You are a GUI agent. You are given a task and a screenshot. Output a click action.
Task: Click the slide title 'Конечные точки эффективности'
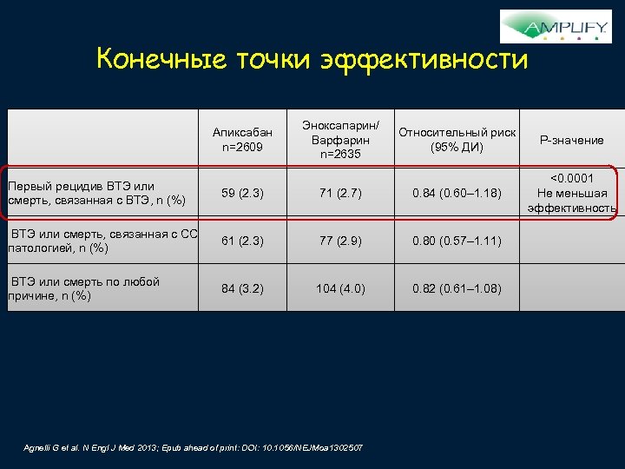312,60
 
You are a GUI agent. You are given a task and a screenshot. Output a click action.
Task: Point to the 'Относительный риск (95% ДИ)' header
457,139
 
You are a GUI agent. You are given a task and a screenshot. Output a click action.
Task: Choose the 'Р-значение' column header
571,140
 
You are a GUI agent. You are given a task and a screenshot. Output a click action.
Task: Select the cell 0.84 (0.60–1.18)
457,192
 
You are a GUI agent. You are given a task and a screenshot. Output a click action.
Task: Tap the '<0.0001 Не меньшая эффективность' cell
571,192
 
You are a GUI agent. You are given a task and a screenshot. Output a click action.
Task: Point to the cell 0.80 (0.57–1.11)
457,241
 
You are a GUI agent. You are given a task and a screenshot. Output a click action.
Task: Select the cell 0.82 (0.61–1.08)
457,289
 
